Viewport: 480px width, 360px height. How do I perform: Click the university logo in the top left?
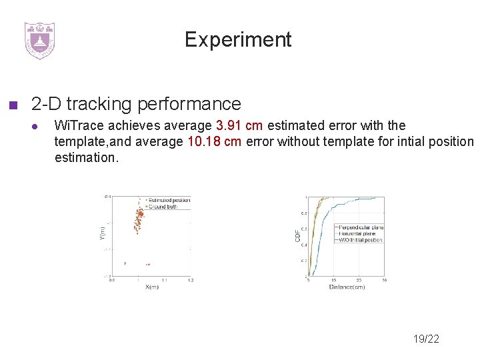39,41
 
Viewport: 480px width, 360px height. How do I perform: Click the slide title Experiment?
238,40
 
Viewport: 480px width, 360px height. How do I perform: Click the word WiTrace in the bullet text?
75,125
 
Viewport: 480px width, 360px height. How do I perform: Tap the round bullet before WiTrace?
39,126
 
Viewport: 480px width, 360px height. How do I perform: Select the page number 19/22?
425,339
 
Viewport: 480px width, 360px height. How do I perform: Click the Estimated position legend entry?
169,200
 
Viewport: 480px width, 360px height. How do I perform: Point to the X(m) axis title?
151,287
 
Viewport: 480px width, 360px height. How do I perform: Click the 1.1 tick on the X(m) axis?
164,281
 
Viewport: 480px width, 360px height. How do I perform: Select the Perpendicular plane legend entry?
361,227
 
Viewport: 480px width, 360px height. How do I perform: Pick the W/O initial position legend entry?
360,240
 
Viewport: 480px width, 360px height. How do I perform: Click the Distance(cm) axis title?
347,287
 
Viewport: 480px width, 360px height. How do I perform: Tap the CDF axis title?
298,235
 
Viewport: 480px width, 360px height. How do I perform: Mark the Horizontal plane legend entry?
357,234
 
